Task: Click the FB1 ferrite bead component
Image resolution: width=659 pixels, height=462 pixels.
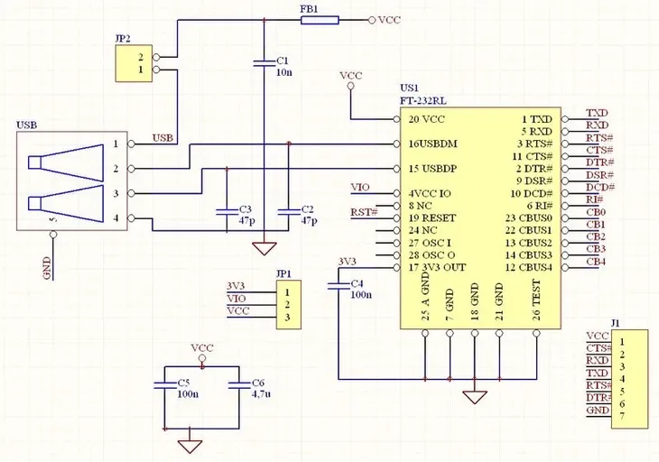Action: click(x=319, y=20)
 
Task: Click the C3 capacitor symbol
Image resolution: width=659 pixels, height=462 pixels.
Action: click(x=226, y=213)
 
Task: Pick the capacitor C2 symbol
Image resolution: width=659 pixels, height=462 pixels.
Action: click(x=287, y=213)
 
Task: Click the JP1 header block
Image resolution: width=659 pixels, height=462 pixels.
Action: click(x=286, y=305)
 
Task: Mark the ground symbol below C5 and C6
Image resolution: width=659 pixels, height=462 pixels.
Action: click(x=190, y=445)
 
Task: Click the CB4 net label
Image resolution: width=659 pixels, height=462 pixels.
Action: click(x=596, y=263)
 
